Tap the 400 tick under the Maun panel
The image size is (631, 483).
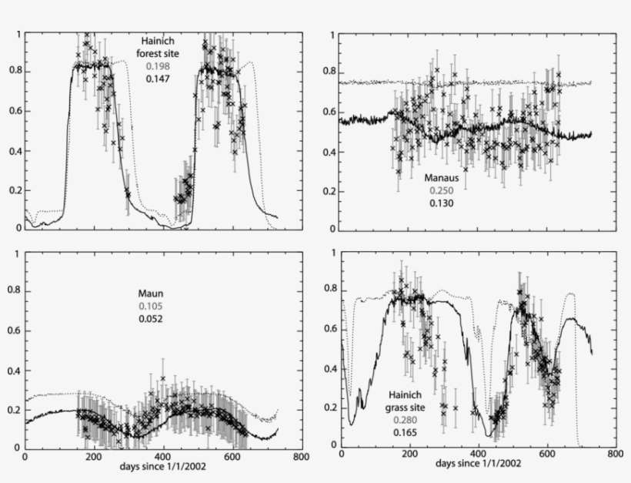point(163,457)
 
